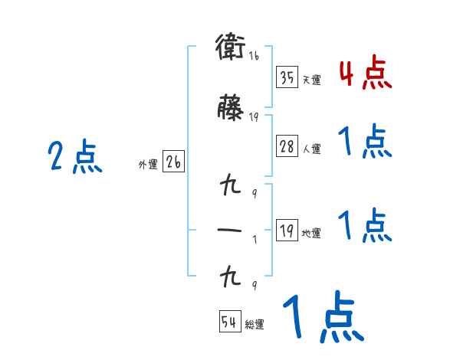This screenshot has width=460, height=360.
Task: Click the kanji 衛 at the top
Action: point(231,47)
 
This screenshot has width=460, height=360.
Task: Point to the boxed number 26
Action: point(174,163)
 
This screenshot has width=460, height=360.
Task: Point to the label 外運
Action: point(147,165)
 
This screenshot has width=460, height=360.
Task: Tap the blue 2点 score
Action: point(75,158)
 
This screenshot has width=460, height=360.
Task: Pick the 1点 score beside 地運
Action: point(365,225)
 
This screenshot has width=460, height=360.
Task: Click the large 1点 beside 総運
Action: point(323,317)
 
